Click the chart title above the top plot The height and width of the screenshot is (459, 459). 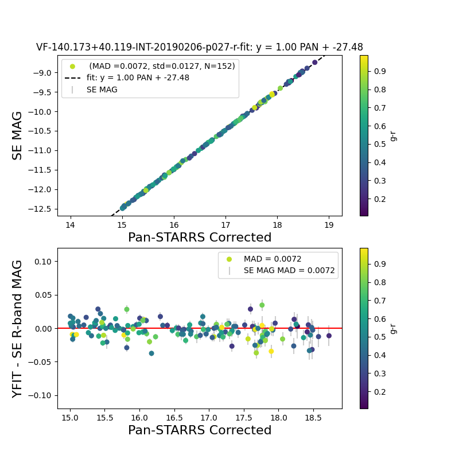click(199, 48)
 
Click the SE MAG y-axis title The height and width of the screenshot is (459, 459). click(18, 135)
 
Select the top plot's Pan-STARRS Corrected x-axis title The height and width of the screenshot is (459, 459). click(199, 238)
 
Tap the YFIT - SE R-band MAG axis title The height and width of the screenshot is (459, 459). click(18, 328)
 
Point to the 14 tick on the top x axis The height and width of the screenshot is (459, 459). click(71, 224)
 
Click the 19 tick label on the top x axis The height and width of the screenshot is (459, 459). click(329, 224)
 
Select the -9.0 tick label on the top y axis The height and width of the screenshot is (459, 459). click(45, 72)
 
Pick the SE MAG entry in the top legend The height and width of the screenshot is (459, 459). click(102, 90)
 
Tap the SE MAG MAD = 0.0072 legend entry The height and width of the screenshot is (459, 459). click(289, 270)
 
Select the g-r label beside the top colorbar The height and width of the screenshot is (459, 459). click(393, 135)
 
